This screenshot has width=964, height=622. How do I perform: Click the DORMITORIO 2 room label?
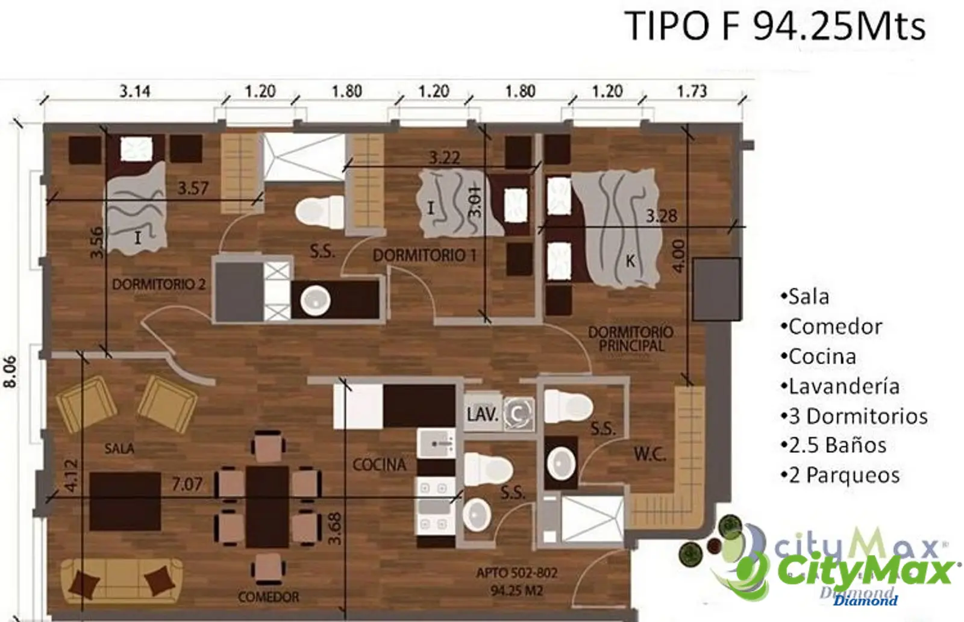(159, 284)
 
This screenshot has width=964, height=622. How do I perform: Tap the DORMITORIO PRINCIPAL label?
(631, 339)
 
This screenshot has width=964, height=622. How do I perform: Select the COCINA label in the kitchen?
(379, 465)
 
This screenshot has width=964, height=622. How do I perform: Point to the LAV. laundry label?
(483, 414)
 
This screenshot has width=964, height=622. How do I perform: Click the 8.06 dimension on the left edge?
(10, 372)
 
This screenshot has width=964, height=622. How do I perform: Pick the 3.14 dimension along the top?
(135, 91)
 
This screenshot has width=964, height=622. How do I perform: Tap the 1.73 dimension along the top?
(692, 91)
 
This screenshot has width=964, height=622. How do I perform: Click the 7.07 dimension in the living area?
(187, 484)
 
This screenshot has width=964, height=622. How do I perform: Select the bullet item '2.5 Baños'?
(834, 446)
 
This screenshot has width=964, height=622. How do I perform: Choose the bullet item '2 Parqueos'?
(840, 475)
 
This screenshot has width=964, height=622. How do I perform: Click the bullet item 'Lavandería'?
(840, 387)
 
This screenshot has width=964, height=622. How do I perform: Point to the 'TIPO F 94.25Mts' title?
(775, 26)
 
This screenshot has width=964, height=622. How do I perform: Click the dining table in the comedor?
(268, 507)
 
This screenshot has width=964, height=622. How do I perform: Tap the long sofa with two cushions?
(122, 580)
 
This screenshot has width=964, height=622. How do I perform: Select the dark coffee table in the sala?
(125, 501)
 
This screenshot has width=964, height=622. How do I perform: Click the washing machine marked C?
(519, 414)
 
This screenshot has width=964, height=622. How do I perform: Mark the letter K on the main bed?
(630, 261)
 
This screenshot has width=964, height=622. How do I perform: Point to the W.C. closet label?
(650, 454)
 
